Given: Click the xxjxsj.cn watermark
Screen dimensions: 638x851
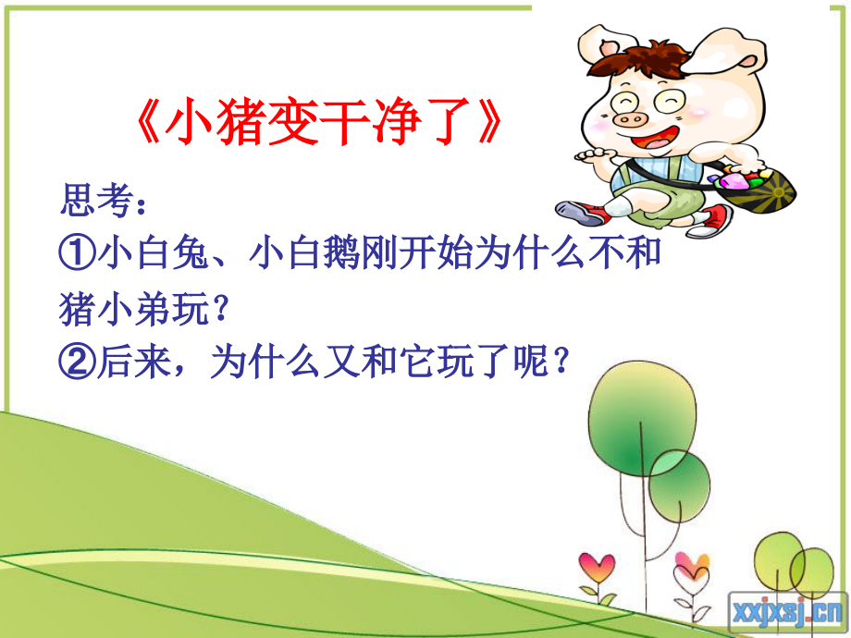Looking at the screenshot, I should coord(788,611).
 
